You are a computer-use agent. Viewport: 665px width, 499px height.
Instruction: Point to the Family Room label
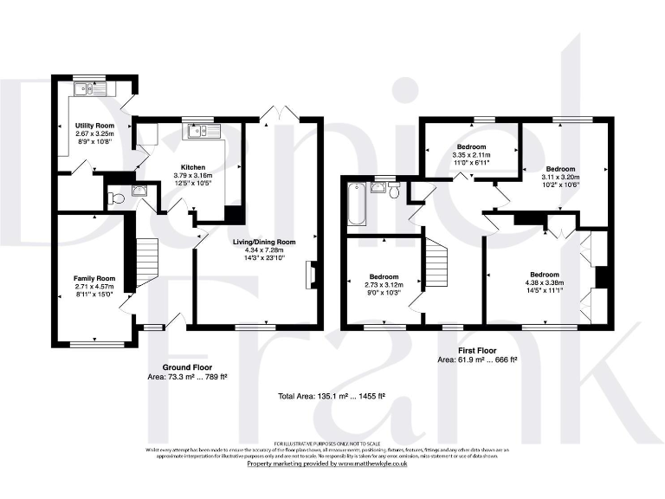[x=94, y=278]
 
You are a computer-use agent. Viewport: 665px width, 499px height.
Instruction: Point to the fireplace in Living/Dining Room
[x=311, y=275]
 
